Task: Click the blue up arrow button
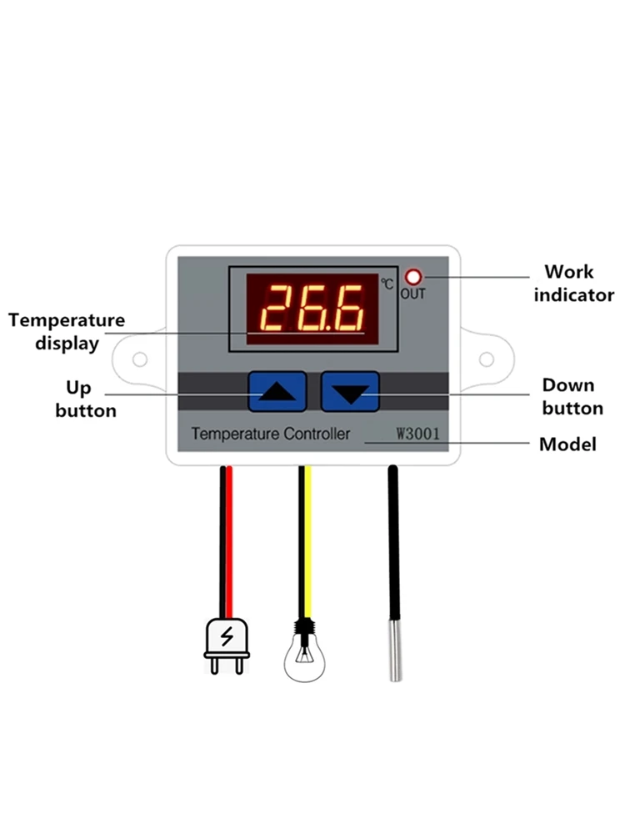tap(277, 391)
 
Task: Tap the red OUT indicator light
tap(412, 278)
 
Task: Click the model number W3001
tap(417, 434)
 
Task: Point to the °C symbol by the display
tap(387, 284)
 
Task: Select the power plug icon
tap(227, 646)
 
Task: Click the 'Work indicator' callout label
tap(573, 284)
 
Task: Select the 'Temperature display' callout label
tap(67, 331)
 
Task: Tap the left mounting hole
tap(139, 359)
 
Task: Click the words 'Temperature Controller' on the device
tap(271, 434)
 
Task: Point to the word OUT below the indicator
tap(412, 294)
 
